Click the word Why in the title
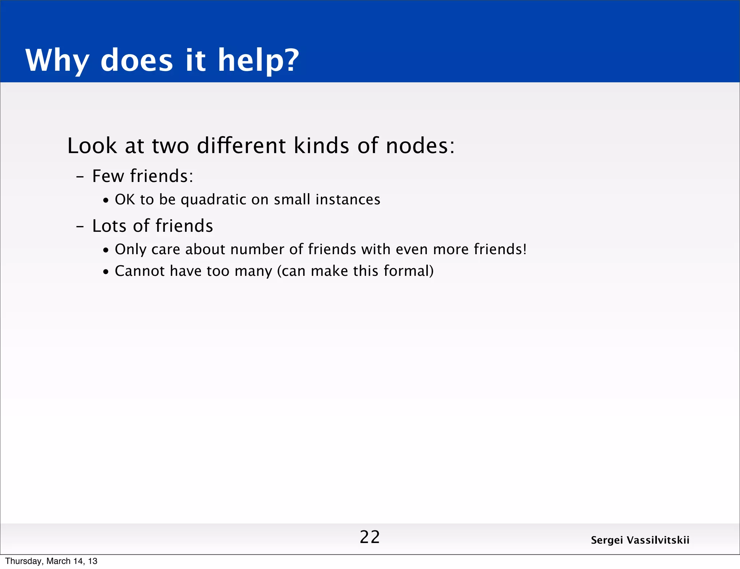click(57, 60)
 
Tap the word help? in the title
click(258, 60)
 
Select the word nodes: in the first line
click(420, 146)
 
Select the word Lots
click(109, 226)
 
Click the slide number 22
click(370, 537)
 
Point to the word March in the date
click(59, 561)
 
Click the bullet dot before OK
click(106, 201)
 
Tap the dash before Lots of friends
click(80, 227)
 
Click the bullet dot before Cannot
click(106, 272)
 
